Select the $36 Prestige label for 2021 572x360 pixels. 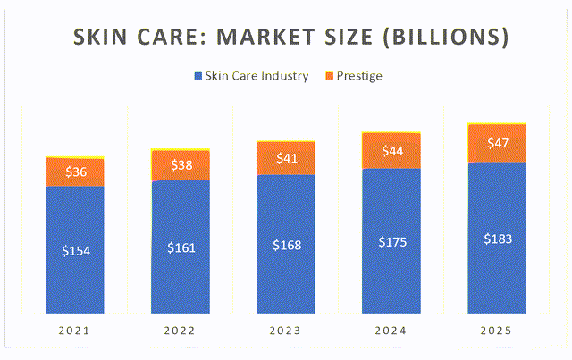coord(75,172)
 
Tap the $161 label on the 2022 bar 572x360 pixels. coord(181,247)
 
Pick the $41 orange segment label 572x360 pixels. coord(286,158)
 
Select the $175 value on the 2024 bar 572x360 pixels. coord(391,241)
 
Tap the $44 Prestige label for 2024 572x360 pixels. coord(391,151)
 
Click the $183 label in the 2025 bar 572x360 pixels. coord(497,239)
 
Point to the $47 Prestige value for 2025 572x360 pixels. coord(497,143)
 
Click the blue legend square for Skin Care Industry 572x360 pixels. coord(198,77)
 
